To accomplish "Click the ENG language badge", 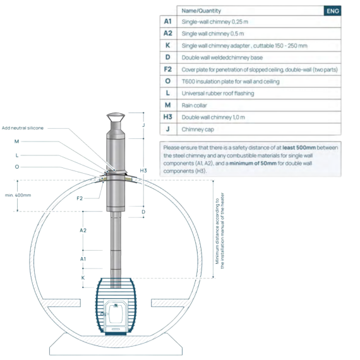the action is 332,11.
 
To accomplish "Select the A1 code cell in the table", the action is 168,21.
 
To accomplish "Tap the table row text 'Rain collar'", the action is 195,105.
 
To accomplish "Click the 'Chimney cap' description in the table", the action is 198,129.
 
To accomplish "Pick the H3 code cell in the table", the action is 168,117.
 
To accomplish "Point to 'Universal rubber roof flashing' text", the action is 218,93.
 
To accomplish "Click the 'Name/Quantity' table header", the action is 201,11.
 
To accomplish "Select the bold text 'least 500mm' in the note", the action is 299,148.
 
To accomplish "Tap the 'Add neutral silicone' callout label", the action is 23,128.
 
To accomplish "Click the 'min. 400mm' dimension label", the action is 18,195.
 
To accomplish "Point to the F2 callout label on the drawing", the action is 80,198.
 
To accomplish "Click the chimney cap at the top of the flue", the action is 116,117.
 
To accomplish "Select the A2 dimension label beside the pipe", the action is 83,231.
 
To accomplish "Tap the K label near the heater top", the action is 83,278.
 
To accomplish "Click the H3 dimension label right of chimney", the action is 143,171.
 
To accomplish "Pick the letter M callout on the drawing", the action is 17,141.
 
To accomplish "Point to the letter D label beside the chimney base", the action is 143,212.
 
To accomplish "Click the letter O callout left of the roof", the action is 17,167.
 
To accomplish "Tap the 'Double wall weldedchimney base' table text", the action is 222,57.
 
